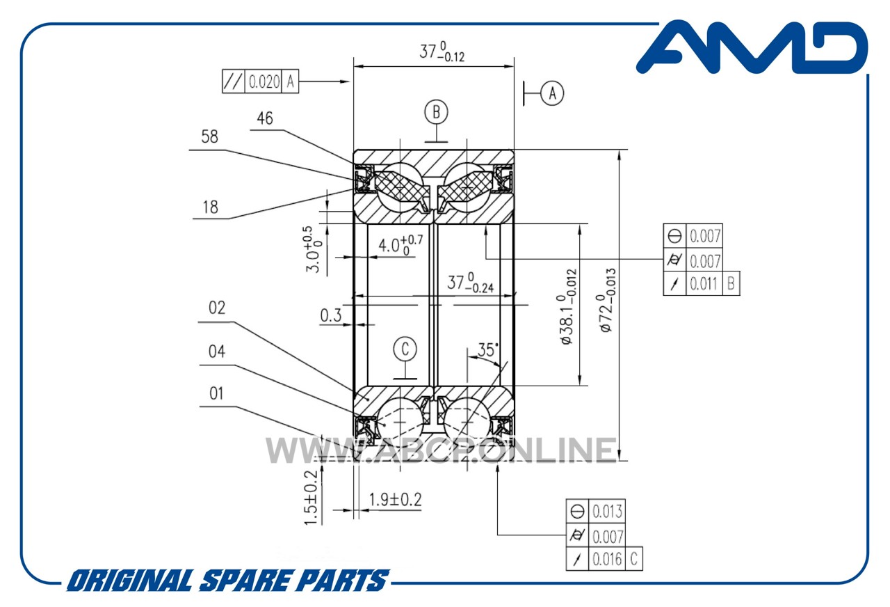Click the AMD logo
pyautogui.click(x=752, y=47)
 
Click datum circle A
pyautogui.click(x=552, y=93)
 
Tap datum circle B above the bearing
pyautogui.click(x=436, y=111)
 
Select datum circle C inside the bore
pyautogui.click(x=405, y=349)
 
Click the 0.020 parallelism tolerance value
pyautogui.click(x=264, y=82)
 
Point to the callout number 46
pyautogui.click(x=265, y=118)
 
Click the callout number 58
pyautogui.click(x=209, y=136)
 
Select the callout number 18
pyautogui.click(x=210, y=207)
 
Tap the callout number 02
pyautogui.click(x=217, y=308)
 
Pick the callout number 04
pyautogui.click(x=217, y=352)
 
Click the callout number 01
pyautogui.click(x=216, y=394)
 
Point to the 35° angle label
pyautogui.click(x=488, y=350)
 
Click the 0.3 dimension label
pyautogui.click(x=331, y=315)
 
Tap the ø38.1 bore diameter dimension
pyautogui.click(x=566, y=307)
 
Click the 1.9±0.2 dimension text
pyautogui.click(x=396, y=500)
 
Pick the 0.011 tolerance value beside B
pyautogui.click(x=704, y=284)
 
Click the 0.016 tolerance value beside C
pyautogui.click(x=607, y=559)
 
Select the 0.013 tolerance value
pyautogui.click(x=607, y=512)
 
